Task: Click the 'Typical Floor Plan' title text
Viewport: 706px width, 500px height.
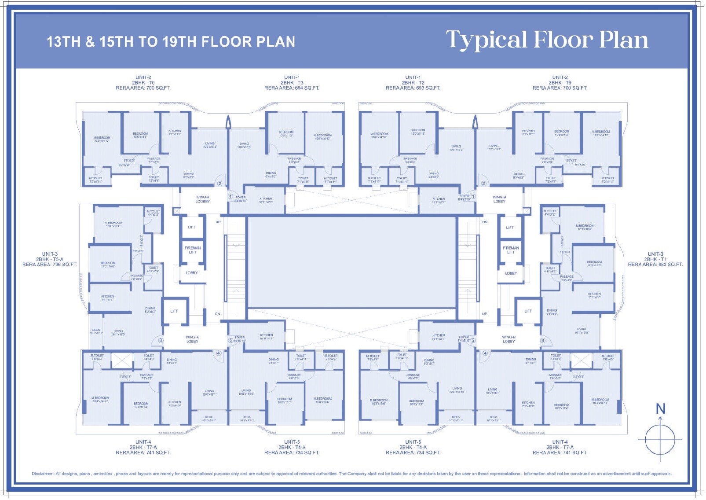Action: (x=547, y=40)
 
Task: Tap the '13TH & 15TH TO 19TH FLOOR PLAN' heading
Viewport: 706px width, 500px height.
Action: (x=171, y=42)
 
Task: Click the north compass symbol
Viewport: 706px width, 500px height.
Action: (x=660, y=439)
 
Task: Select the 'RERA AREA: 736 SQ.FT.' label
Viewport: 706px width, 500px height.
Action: (x=50, y=265)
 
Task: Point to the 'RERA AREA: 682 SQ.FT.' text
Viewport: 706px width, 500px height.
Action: (x=655, y=265)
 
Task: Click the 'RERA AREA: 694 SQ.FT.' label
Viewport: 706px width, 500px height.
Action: (x=292, y=88)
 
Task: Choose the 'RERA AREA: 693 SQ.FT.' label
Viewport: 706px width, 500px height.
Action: (x=413, y=88)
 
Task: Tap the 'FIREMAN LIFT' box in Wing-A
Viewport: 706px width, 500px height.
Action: (x=193, y=250)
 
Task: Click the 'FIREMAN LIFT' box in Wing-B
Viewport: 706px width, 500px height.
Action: (x=511, y=250)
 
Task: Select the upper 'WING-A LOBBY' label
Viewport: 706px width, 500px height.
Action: (x=203, y=199)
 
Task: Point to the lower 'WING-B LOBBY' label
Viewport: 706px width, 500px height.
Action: (x=508, y=339)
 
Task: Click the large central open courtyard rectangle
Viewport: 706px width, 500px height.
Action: (x=352, y=262)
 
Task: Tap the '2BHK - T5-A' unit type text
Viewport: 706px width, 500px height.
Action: (x=50, y=259)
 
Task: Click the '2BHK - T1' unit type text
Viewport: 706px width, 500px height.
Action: (x=655, y=259)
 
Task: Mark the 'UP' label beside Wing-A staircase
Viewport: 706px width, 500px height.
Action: (x=218, y=222)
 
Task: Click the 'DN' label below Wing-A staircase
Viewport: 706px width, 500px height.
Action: (x=218, y=314)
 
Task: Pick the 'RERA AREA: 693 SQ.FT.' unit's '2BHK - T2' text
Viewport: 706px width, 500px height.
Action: (x=413, y=83)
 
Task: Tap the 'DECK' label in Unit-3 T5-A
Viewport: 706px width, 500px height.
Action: (x=96, y=330)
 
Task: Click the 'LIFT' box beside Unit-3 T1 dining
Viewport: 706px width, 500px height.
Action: (x=528, y=311)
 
